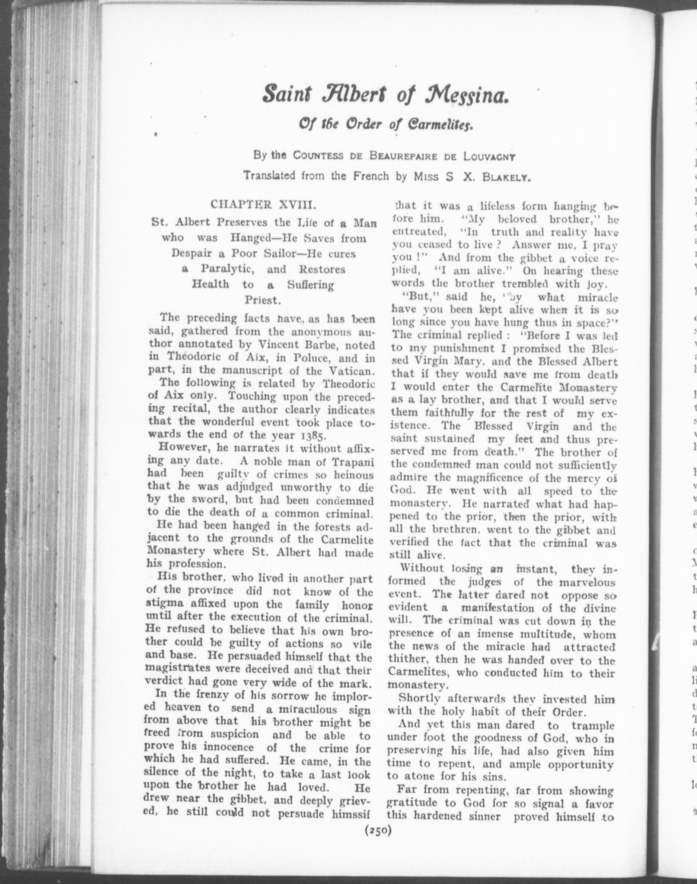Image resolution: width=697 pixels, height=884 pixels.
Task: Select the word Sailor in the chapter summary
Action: point(283,253)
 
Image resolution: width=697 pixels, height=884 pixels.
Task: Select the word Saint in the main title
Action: point(285,95)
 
